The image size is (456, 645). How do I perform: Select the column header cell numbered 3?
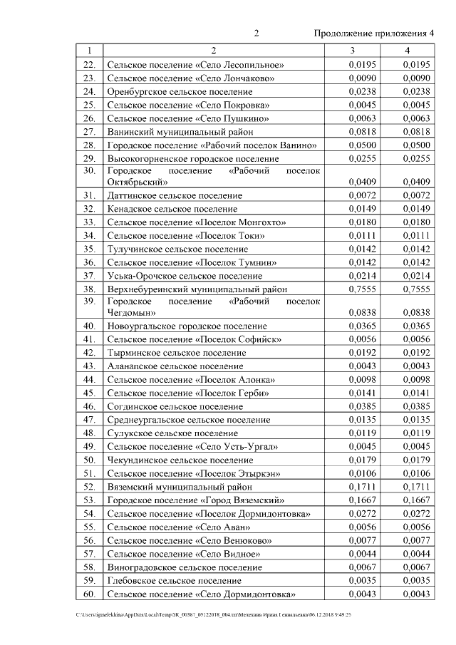tap(352, 51)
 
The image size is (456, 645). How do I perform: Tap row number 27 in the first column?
tap(89, 131)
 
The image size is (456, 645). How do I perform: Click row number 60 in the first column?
tap(89, 594)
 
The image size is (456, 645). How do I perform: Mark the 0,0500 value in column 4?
tap(416, 145)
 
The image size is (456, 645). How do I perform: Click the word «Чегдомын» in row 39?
tap(133, 312)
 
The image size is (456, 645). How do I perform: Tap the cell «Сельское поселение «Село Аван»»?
tap(178, 527)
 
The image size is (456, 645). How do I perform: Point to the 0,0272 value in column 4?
tap(416, 514)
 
